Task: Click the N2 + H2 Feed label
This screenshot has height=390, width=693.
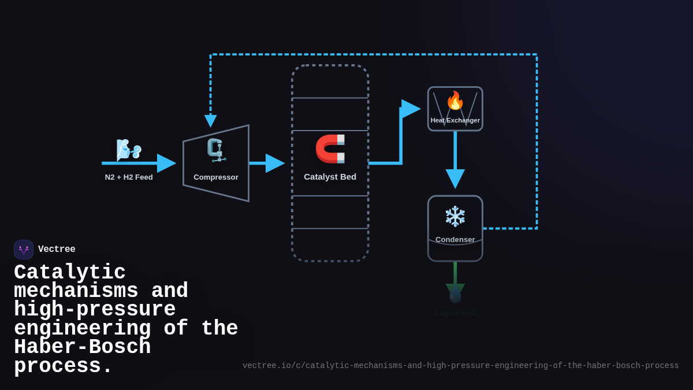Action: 129,177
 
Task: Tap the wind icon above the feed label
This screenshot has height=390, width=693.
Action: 128,150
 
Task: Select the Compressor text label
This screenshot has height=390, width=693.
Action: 216,177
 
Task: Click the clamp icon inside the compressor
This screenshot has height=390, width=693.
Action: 216,150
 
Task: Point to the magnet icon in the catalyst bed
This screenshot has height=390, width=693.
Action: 330,148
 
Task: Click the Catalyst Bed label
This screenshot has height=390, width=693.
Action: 330,176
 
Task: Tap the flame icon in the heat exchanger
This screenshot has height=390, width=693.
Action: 455,101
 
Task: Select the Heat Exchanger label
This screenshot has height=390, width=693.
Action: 455,120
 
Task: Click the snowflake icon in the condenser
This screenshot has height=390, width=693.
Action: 455,217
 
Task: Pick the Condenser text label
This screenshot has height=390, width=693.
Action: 455,239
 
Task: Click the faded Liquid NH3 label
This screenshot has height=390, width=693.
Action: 455,313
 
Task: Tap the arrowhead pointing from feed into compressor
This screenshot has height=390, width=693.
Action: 166,163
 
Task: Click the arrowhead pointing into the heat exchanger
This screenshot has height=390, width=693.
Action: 411,109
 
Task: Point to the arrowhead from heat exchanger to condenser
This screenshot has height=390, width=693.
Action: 455,178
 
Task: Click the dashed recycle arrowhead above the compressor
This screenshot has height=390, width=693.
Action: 211,121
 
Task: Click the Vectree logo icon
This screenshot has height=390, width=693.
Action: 24,250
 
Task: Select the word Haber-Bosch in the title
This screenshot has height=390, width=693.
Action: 82,347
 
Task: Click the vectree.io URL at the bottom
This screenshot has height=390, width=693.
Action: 460,366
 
